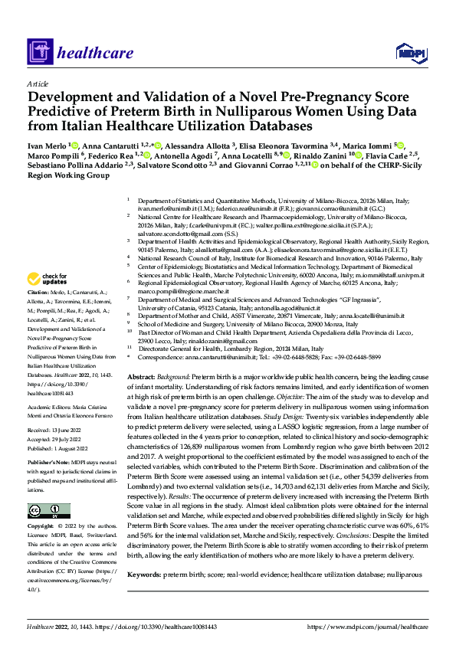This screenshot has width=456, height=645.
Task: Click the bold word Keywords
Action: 148,573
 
